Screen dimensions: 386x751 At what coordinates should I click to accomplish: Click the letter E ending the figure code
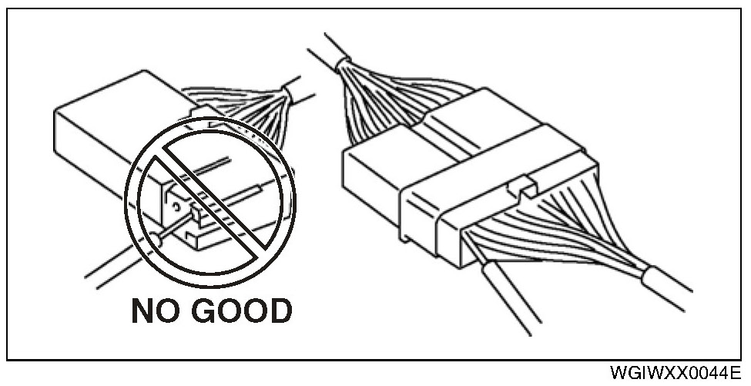click(736, 374)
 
